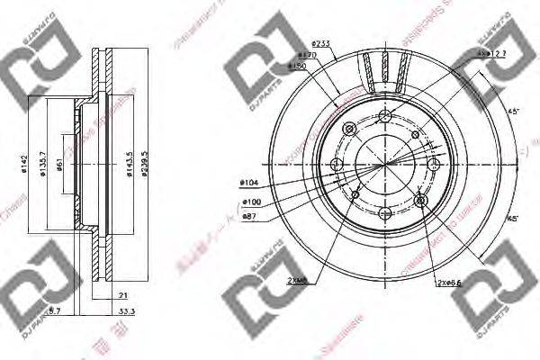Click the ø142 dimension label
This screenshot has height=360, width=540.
(20, 165)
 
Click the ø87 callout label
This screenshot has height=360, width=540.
(252, 216)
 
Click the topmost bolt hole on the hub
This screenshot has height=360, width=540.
(386, 115)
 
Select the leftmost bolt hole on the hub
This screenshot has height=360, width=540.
(337, 164)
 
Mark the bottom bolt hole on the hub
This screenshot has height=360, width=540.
(386, 212)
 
